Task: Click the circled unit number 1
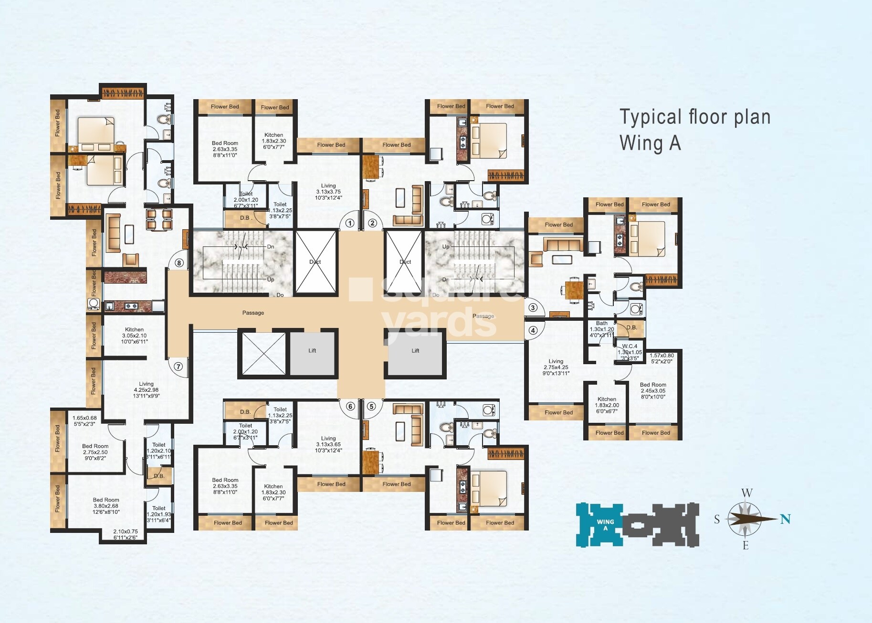pyautogui.click(x=350, y=223)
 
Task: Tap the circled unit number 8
pyautogui.click(x=179, y=263)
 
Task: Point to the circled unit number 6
pyautogui.click(x=350, y=406)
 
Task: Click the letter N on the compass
pyautogui.click(x=785, y=519)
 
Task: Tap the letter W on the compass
pyautogui.click(x=747, y=493)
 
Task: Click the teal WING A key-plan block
pyautogui.click(x=599, y=524)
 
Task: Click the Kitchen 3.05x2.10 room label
pyautogui.click(x=134, y=336)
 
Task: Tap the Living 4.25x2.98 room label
pyautogui.click(x=146, y=389)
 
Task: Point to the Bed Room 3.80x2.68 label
pyautogui.click(x=106, y=506)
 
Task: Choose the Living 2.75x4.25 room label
pyautogui.click(x=556, y=367)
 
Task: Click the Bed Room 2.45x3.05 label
pyautogui.click(x=652, y=390)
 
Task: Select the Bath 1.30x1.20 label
pyautogui.click(x=601, y=329)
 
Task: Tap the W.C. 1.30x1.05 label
pyautogui.click(x=630, y=352)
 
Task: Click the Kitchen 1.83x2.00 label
pyautogui.click(x=607, y=405)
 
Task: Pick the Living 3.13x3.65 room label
pyautogui.click(x=328, y=444)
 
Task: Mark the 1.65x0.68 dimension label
pyautogui.click(x=84, y=421)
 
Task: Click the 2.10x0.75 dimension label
pyautogui.click(x=126, y=534)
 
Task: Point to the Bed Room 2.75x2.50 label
pyautogui.click(x=95, y=452)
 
